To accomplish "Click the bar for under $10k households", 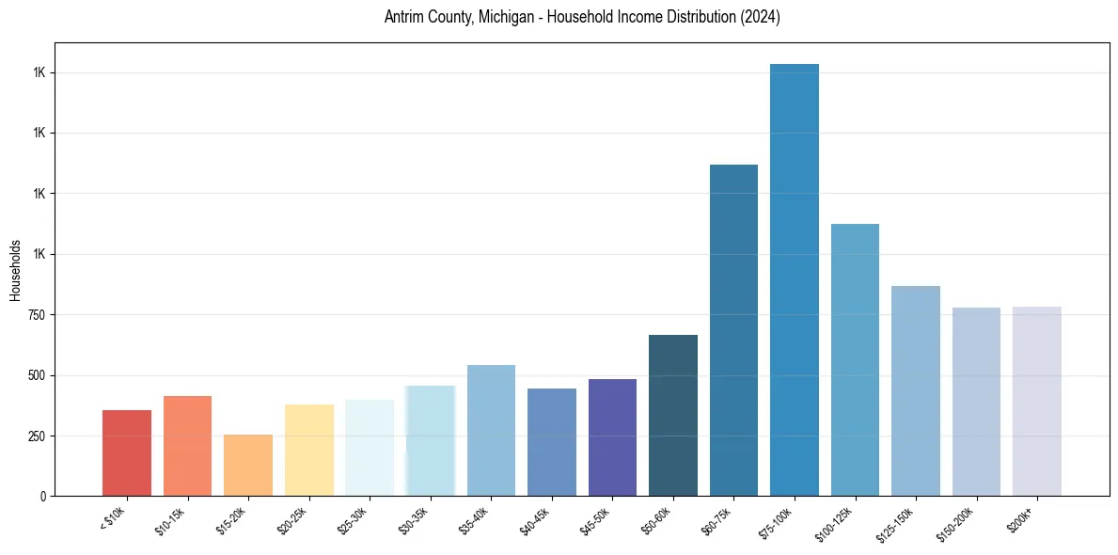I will point(127,452).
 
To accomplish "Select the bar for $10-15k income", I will point(187,446).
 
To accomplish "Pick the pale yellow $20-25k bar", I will point(308,450).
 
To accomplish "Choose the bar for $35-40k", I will point(491,430).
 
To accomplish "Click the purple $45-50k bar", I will point(612,437).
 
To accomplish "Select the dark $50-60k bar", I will point(673,415).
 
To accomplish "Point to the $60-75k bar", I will point(733,330).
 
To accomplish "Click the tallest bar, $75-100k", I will point(795,279).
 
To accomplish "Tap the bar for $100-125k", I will point(855,359).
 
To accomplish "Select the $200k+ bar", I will point(1037,401).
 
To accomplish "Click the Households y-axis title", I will point(15,269).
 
